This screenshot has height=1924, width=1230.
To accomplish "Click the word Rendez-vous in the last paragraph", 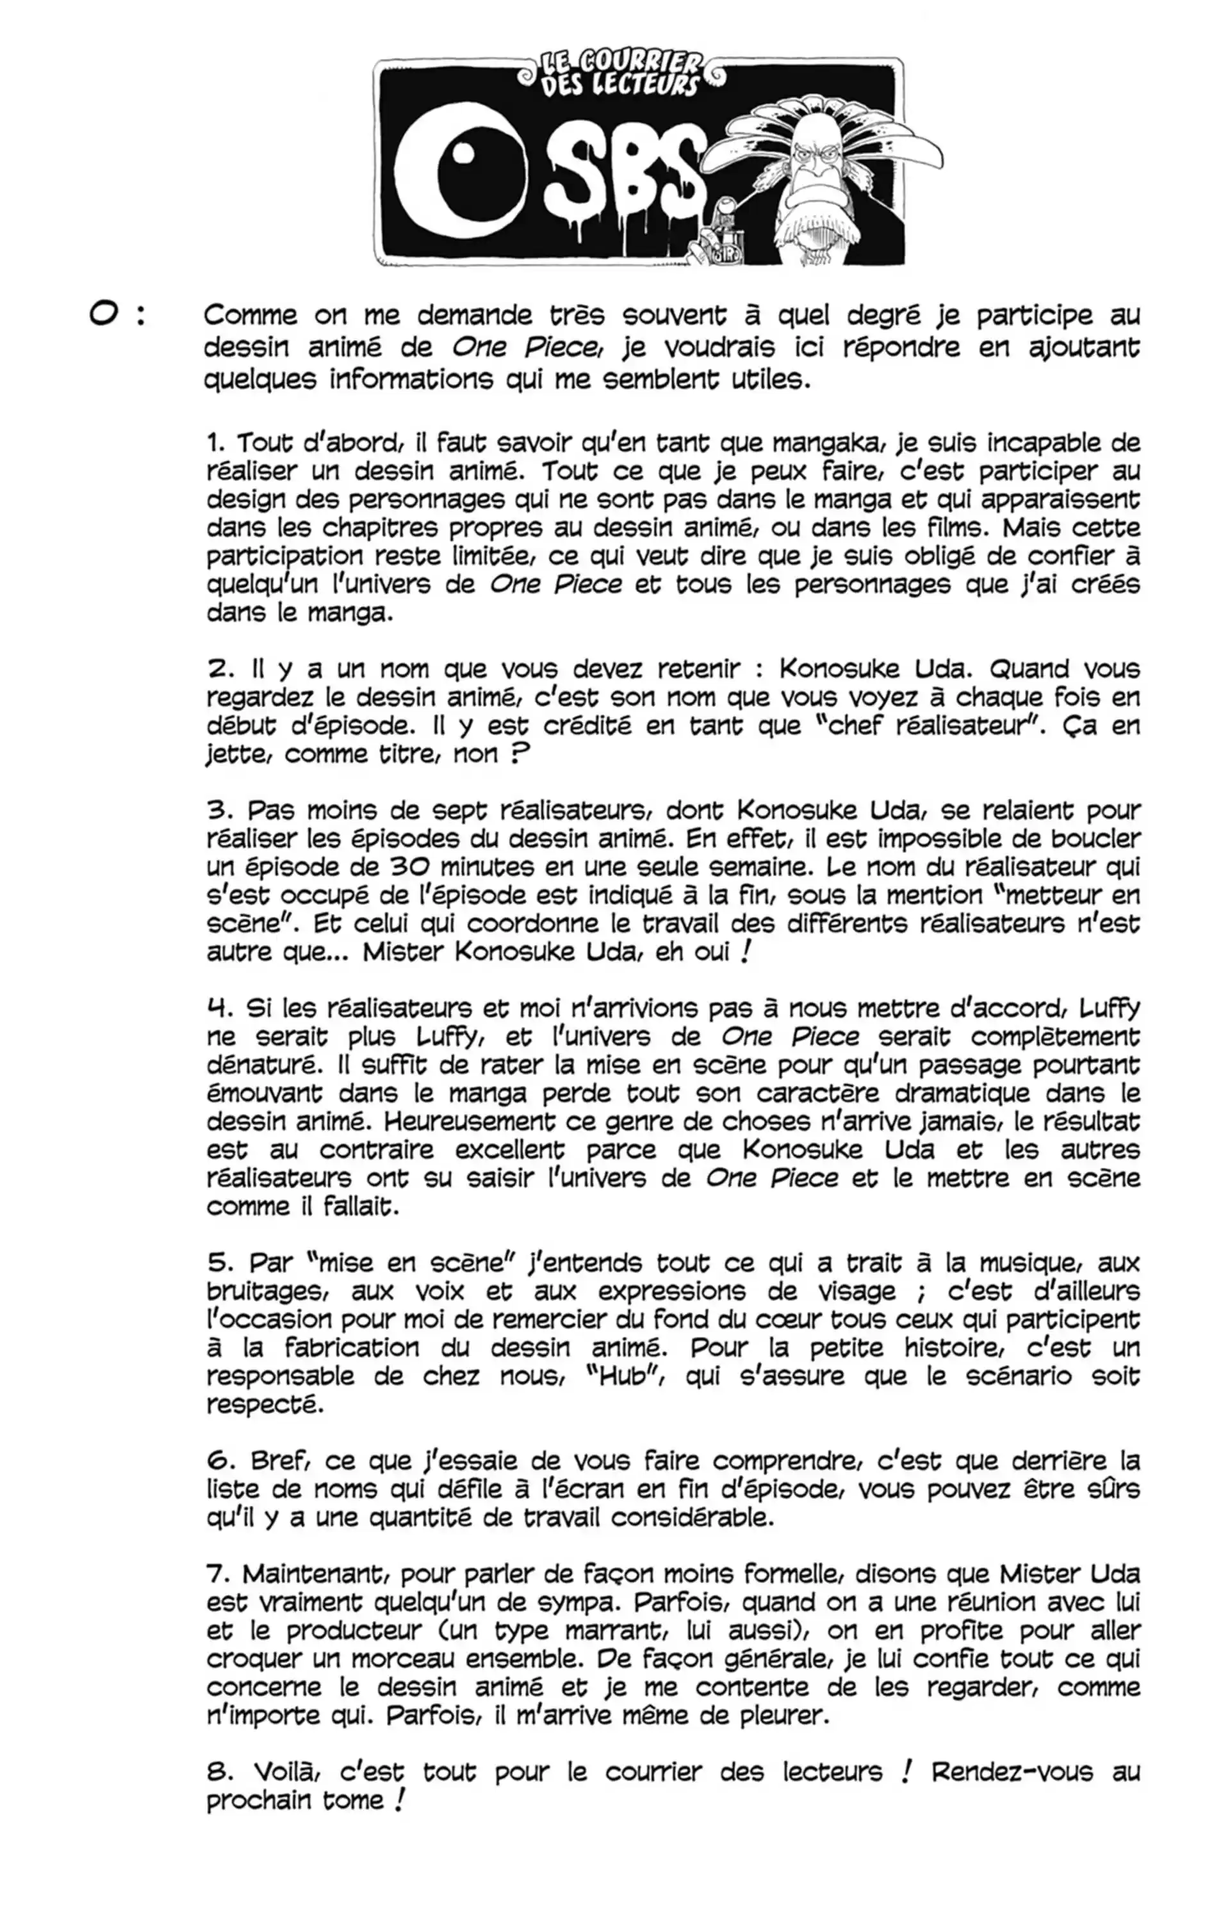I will coord(1012,1772).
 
